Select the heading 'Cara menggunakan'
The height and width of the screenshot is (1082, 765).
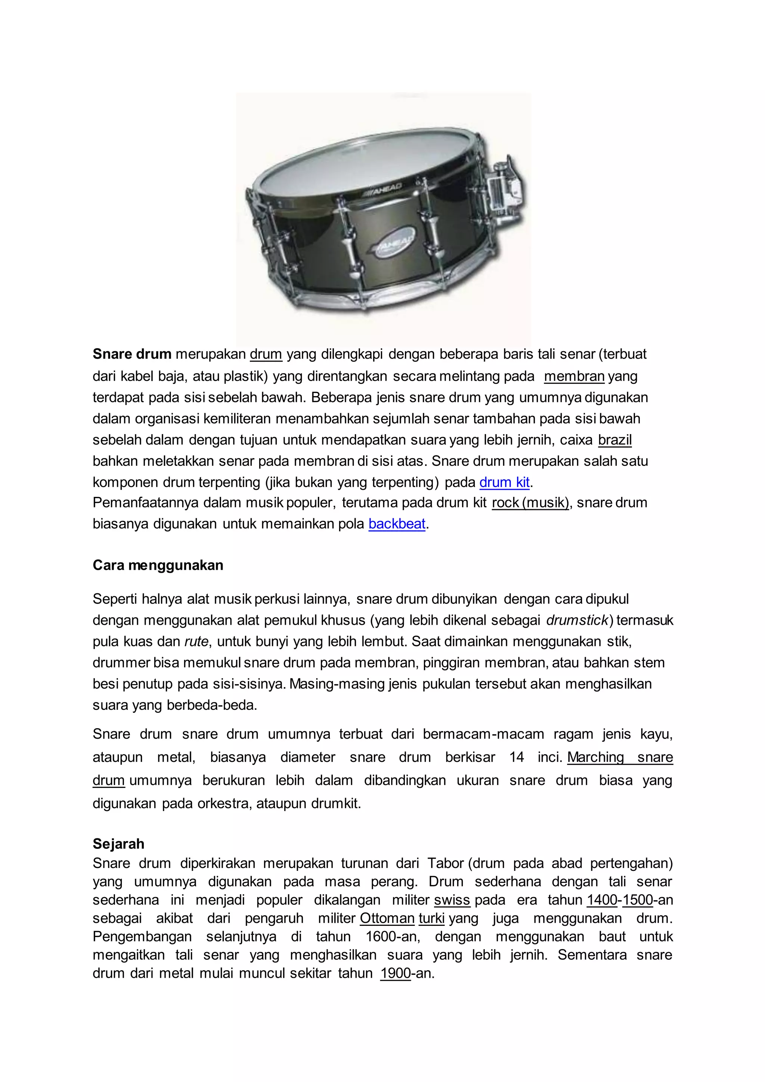[x=158, y=565]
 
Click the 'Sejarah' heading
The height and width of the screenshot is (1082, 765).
[x=118, y=844]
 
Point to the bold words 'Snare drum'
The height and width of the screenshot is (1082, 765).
[x=132, y=354]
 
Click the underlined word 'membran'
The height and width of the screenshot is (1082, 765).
[x=574, y=376]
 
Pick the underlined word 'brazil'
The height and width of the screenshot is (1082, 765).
[x=615, y=440]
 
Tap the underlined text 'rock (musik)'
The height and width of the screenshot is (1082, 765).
[x=531, y=503]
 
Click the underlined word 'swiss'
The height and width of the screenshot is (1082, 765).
[x=452, y=900]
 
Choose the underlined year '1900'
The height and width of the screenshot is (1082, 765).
[x=395, y=973]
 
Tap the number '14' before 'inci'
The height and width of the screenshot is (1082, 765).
[x=516, y=757]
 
